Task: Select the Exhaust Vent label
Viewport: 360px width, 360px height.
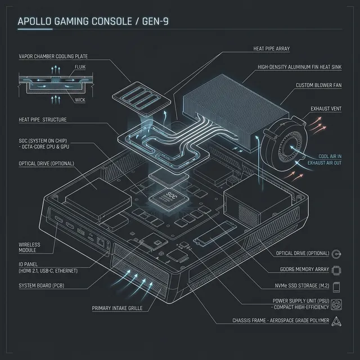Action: (x=325, y=109)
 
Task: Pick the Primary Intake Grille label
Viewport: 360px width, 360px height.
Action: (x=117, y=308)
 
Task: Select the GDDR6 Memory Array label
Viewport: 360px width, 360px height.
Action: (x=301, y=270)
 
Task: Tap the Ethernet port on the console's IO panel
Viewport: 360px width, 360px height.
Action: (x=101, y=242)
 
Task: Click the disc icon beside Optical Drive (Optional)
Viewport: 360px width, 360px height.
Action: (x=336, y=254)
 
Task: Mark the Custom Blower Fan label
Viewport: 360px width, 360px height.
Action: (x=318, y=85)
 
